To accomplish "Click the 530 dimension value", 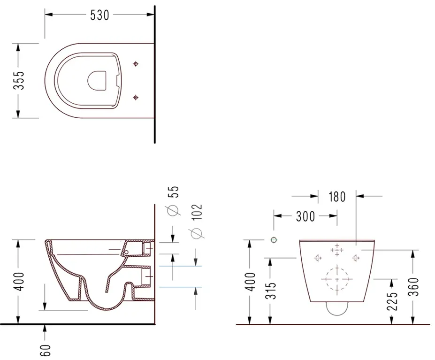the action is point(99,15).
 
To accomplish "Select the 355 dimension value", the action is point(19,80).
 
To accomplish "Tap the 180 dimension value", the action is point(337,197).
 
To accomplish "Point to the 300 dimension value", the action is point(305,216).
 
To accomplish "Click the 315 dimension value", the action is point(271,291).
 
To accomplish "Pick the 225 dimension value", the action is point(392,301).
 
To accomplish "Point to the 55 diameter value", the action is point(174,192).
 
